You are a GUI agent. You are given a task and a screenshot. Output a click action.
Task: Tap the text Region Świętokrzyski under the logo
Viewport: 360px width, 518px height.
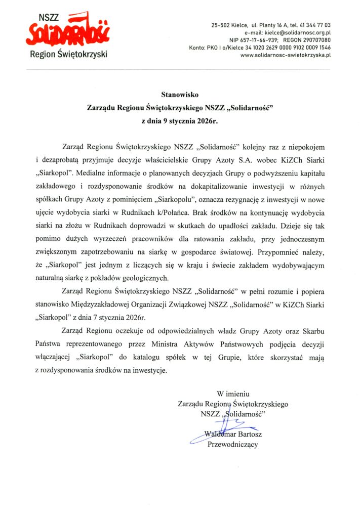pyautogui.click(x=69, y=54)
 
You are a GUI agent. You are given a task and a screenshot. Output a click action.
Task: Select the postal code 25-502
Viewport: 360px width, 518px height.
pyautogui.click(x=221, y=25)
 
